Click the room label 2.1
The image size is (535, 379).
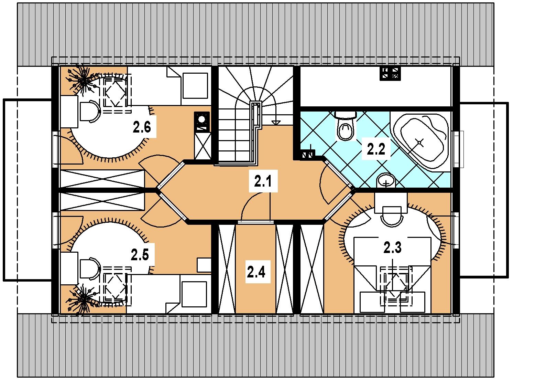pos(263,181)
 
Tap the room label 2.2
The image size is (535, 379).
pos(376,149)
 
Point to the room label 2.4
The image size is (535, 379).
pos(256,272)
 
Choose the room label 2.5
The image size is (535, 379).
pos(140,254)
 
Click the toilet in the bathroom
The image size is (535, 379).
pos(345,126)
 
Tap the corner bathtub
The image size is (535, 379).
pos(421,141)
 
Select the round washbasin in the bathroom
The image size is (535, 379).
pos(386,180)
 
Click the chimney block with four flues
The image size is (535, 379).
pos(390,73)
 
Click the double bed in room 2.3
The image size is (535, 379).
pos(392,275)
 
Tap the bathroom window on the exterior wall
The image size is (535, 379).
pos(459,149)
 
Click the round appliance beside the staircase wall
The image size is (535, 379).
pos(202,119)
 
